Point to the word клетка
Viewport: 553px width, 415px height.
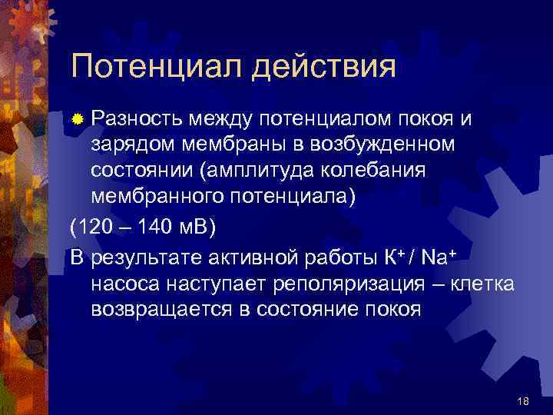[x=478, y=284]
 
